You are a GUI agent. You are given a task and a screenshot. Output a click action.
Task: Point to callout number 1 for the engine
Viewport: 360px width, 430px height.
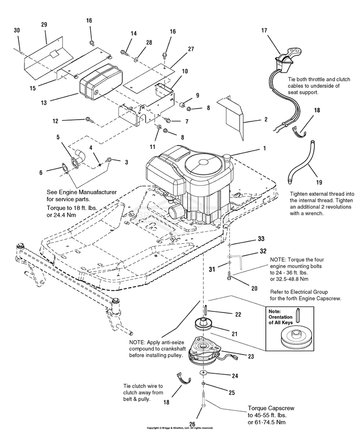point(264,148)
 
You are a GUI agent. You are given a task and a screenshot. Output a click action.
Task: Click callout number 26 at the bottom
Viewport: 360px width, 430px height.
point(192,423)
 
